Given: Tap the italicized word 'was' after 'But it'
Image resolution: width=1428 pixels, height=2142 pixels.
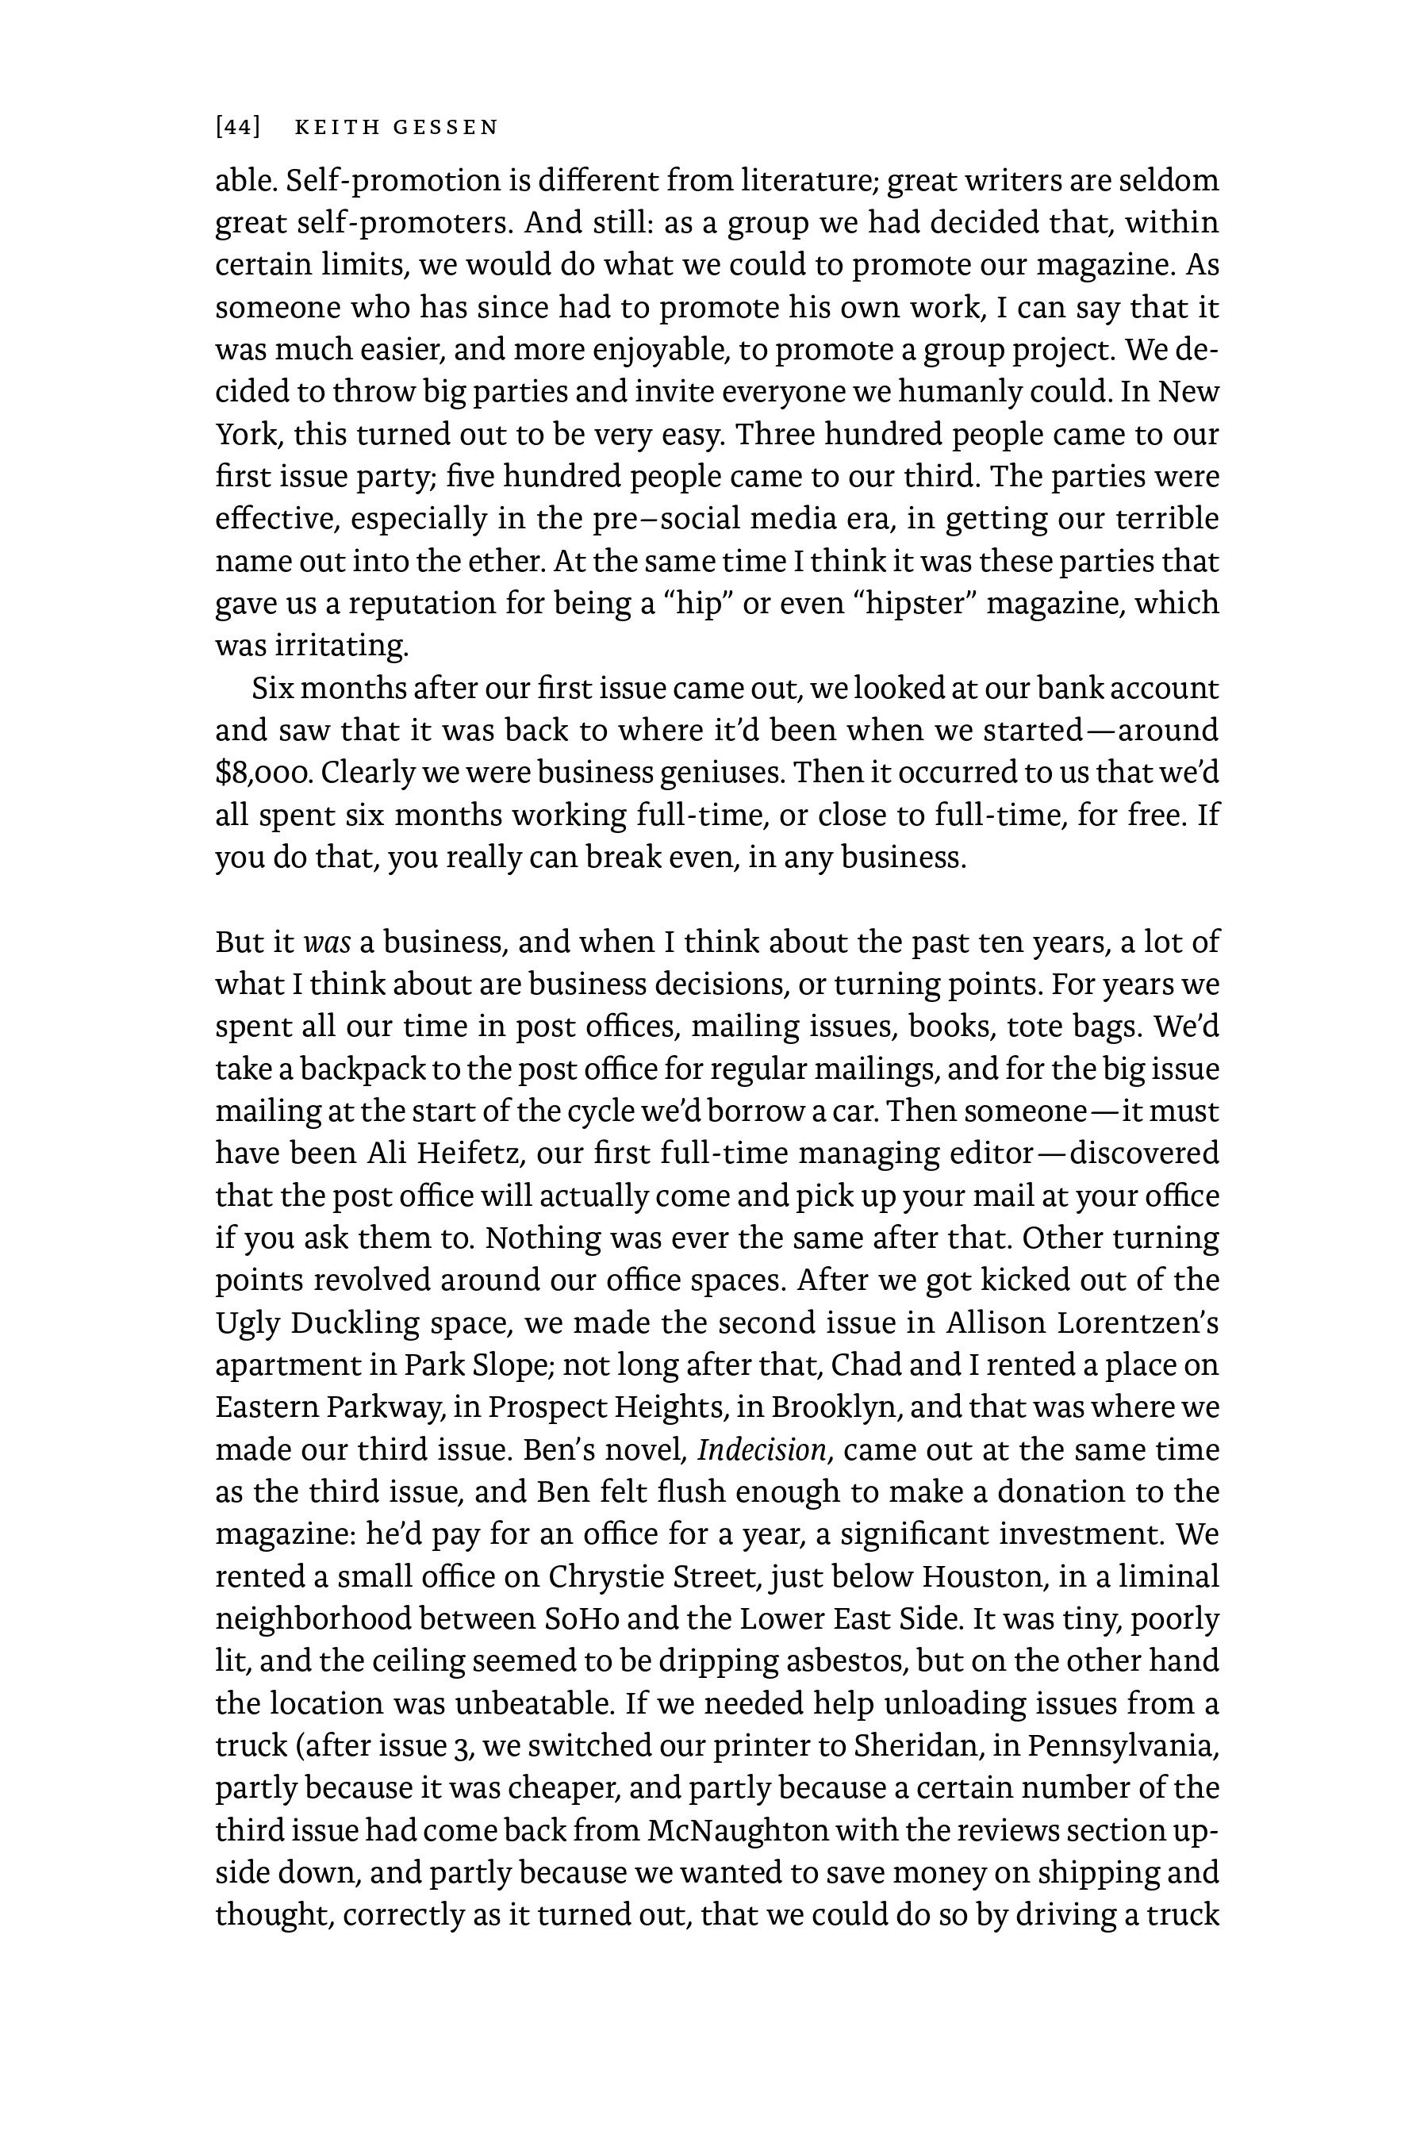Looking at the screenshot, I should click(326, 942).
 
